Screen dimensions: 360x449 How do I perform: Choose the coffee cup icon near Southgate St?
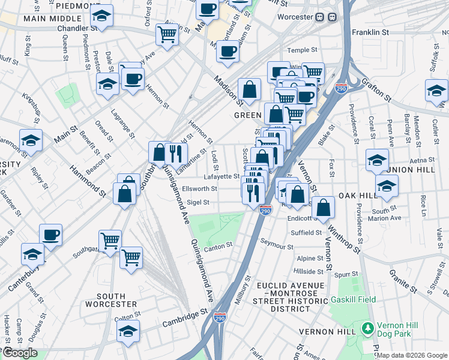coord(50,234)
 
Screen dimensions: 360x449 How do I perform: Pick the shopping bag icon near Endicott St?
coord(323,207)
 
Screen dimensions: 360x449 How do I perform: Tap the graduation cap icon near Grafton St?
coord(436,90)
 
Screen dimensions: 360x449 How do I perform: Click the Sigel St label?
coord(198,203)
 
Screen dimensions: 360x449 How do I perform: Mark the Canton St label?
coord(218,246)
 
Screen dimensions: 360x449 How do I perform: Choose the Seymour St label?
coord(277,247)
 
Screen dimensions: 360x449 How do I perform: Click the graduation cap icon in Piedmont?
coord(103,17)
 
